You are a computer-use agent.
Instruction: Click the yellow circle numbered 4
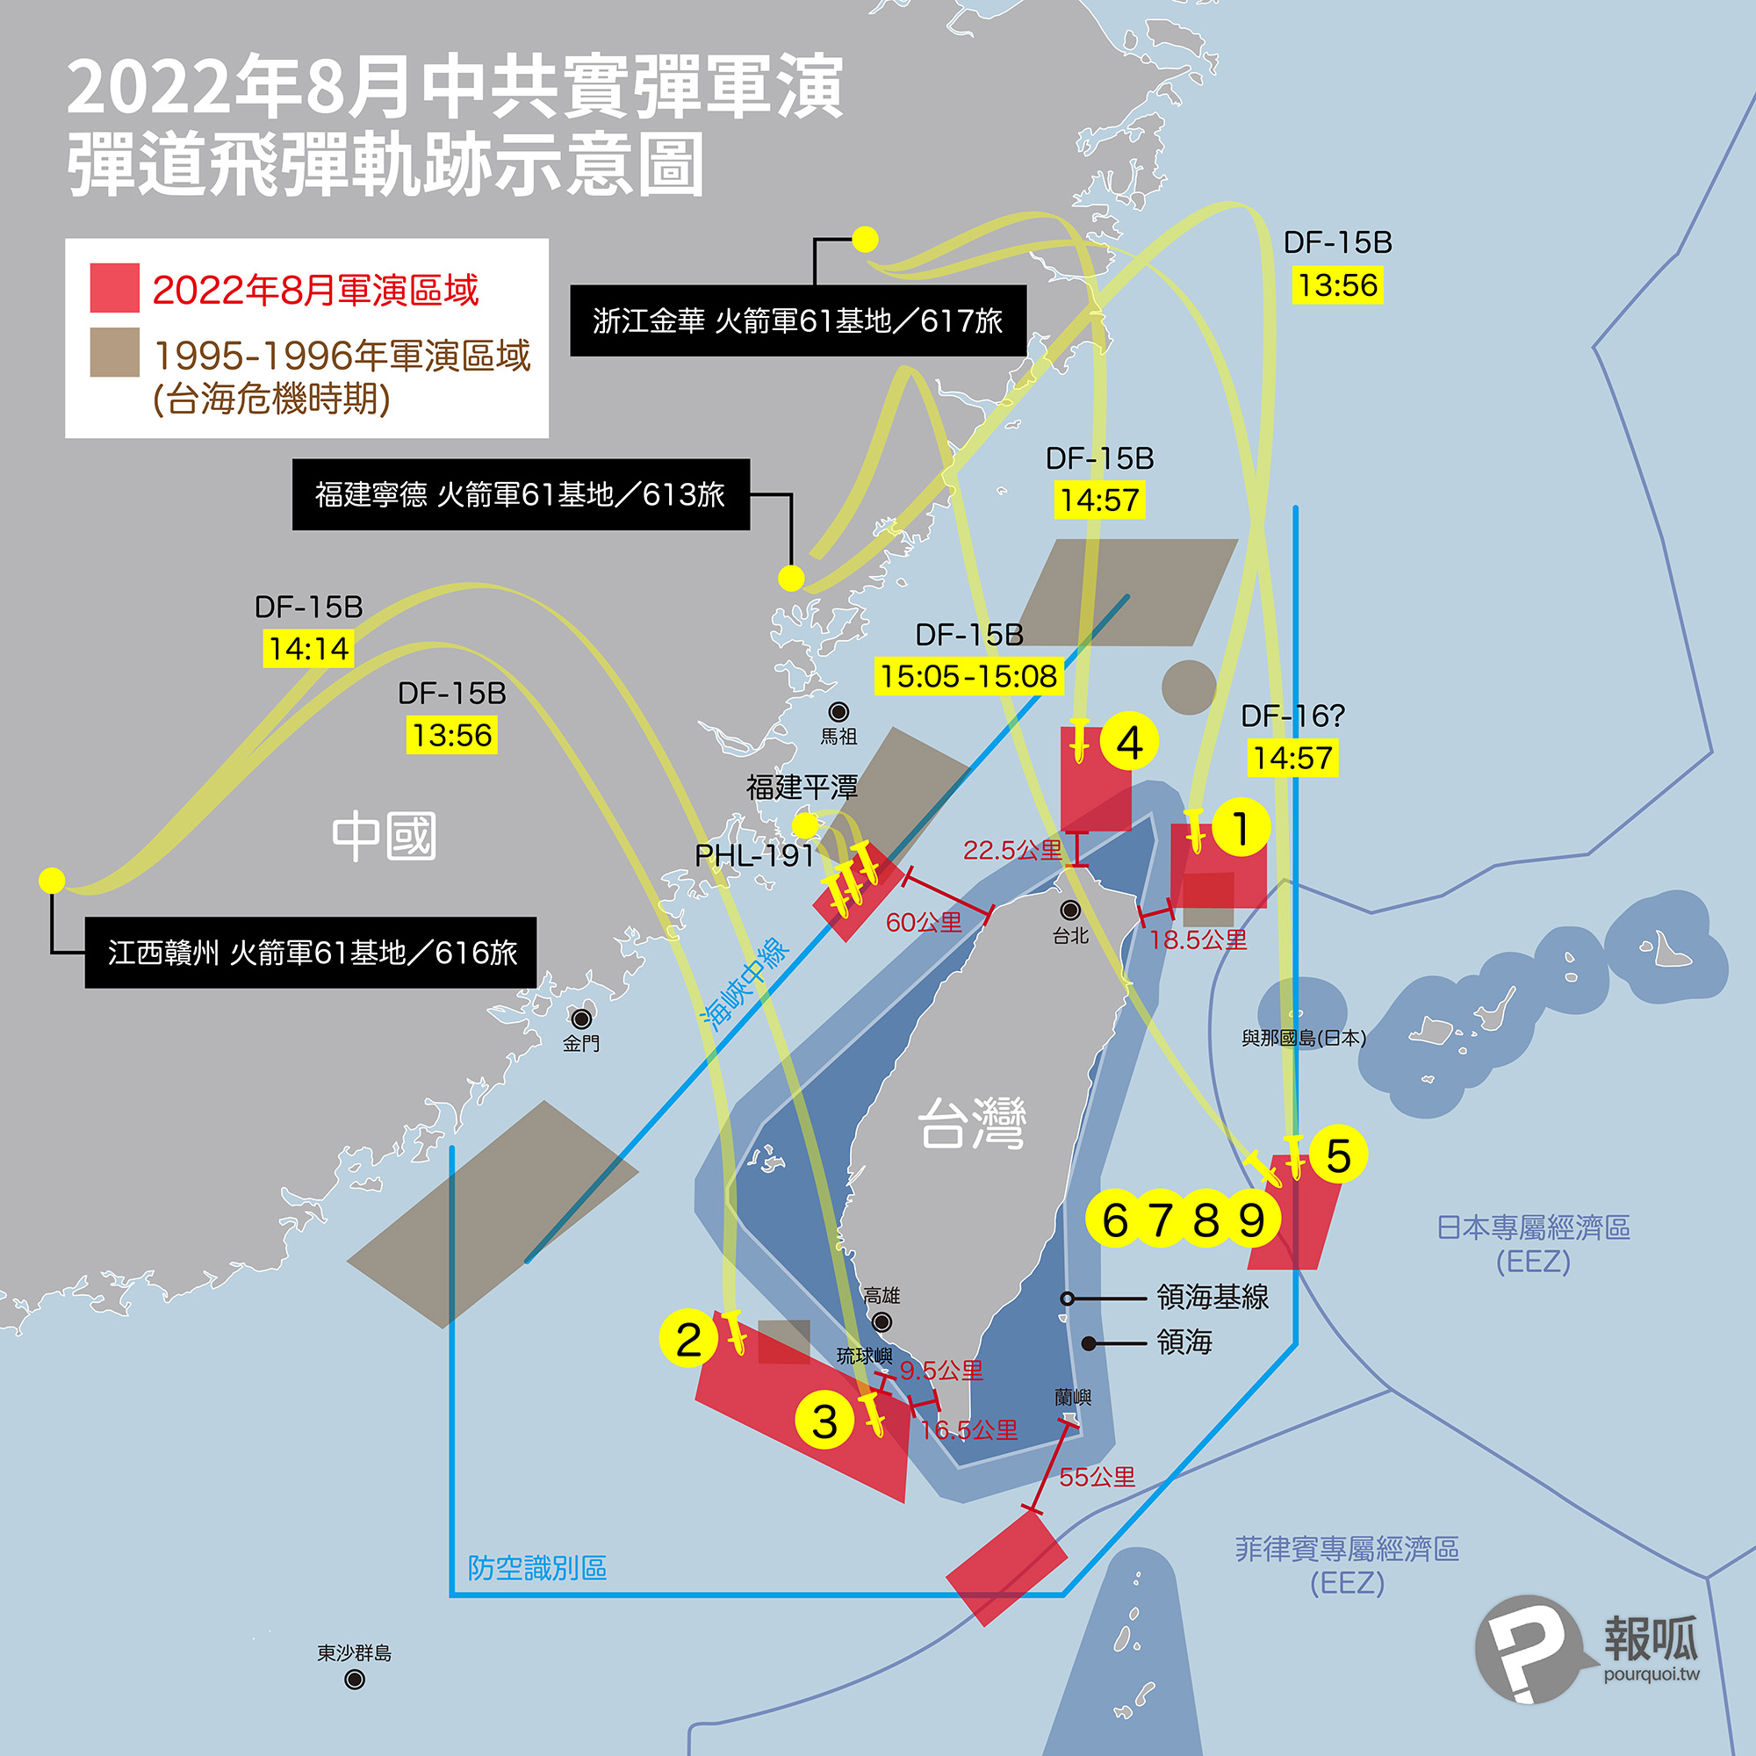point(1129,742)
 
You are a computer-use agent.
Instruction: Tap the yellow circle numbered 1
point(1241,827)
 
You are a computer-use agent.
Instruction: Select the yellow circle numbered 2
point(689,1339)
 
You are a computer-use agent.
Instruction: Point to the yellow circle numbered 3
point(824,1421)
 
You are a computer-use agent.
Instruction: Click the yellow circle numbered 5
point(1338,1155)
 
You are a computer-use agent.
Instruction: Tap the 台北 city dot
point(1070,910)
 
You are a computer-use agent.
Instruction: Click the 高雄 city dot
point(881,1321)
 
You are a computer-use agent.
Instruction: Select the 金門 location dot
point(580,1018)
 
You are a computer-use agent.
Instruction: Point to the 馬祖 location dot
point(838,712)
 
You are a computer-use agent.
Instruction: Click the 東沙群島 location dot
point(355,1680)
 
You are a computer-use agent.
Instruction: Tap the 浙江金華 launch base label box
point(798,320)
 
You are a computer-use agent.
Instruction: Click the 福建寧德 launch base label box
point(521,494)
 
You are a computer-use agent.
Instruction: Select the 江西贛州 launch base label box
point(311,953)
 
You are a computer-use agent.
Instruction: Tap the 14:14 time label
point(309,649)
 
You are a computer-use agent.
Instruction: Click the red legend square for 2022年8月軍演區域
point(114,288)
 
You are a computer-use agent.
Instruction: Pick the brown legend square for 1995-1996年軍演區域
point(114,352)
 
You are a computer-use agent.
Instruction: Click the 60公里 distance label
point(924,923)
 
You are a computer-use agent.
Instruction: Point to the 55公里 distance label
point(1097,1477)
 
